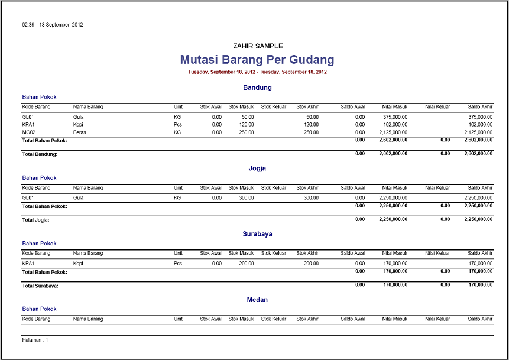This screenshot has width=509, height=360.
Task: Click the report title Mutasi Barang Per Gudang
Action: click(x=257, y=60)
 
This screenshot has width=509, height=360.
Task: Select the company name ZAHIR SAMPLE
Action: click(x=258, y=46)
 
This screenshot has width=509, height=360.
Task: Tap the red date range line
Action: click(x=257, y=72)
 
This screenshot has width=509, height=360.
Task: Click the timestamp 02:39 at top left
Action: click(x=28, y=25)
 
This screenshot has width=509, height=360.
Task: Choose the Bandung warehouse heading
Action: click(x=257, y=87)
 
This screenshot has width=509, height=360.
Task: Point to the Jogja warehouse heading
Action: click(x=257, y=168)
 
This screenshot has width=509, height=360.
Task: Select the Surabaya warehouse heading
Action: click(x=257, y=234)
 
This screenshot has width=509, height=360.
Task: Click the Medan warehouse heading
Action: click(x=257, y=300)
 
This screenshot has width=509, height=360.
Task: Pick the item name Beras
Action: click(x=80, y=133)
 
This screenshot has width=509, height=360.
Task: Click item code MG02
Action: click(x=29, y=133)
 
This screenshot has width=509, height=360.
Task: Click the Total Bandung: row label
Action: click(x=40, y=154)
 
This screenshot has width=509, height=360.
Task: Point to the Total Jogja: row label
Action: click(x=36, y=219)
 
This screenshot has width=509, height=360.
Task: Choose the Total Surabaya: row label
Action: click(x=40, y=285)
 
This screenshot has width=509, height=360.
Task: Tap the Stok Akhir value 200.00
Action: click(x=311, y=264)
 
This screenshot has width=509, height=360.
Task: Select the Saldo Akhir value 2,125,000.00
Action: click(x=474, y=133)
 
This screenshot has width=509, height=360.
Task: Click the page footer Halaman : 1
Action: click(x=35, y=340)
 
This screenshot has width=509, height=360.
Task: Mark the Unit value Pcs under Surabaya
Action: click(x=178, y=264)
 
